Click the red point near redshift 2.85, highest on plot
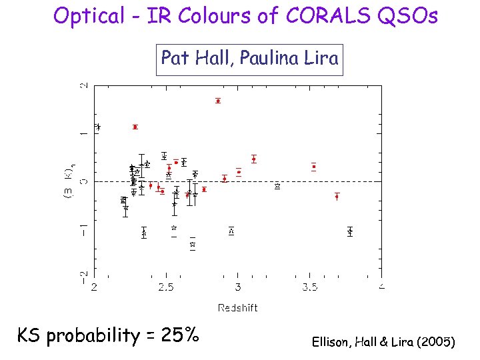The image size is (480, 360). [x=218, y=101]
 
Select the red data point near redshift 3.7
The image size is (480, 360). [x=337, y=196]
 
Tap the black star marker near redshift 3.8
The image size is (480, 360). [x=350, y=231]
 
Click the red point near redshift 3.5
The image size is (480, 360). [x=313, y=166]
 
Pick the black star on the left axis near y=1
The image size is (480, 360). [x=98, y=127]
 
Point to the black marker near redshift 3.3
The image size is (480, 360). [x=277, y=187]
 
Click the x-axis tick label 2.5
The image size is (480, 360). [x=166, y=287]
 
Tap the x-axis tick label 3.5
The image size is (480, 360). [x=309, y=287]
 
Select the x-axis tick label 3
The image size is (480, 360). [x=238, y=287]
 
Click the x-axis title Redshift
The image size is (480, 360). [x=237, y=307]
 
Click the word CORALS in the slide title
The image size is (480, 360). [x=307, y=15]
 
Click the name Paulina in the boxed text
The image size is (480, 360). [x=265, y=59]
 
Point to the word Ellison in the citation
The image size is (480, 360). [x=331, y=342]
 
